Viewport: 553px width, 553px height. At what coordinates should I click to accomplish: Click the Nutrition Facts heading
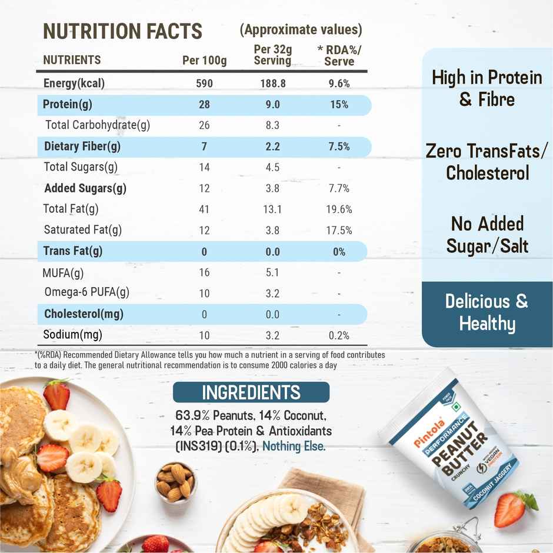tap(122, 31)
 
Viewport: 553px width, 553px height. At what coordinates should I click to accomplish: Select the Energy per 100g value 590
tap(204, 84)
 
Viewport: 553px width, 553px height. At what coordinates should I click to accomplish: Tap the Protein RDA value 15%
tap(339, 105)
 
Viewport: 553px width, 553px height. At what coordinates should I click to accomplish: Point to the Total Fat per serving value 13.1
tap(272, 209)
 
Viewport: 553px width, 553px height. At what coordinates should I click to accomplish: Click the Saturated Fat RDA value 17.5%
tap(339, 231)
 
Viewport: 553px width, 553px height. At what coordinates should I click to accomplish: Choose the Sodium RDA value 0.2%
tap(339, 336)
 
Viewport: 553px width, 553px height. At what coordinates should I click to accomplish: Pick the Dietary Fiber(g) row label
tap(82, 146)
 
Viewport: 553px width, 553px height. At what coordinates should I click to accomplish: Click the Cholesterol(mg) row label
tap(84, 314)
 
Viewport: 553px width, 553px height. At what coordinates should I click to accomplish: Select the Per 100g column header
tap(204, 60)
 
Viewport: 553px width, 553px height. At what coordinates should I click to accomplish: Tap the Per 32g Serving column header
tap(272, 55)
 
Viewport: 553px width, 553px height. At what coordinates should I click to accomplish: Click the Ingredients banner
tap(251, 392)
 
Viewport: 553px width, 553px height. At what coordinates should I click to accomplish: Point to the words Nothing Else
tap(294, 447)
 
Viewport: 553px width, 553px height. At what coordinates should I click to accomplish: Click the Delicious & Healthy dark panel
tap(487, 313)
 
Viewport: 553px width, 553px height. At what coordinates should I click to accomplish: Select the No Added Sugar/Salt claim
tap(487, 235)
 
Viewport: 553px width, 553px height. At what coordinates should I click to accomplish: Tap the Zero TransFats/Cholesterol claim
tap(487, 162)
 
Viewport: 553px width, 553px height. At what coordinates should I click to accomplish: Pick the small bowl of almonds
tap(175, 480)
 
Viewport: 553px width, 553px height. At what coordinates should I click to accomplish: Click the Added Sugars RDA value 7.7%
tap(339, 189)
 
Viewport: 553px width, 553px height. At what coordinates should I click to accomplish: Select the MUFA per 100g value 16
tap(204, 273)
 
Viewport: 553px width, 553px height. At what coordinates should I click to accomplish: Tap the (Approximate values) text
tap(301, 29)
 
